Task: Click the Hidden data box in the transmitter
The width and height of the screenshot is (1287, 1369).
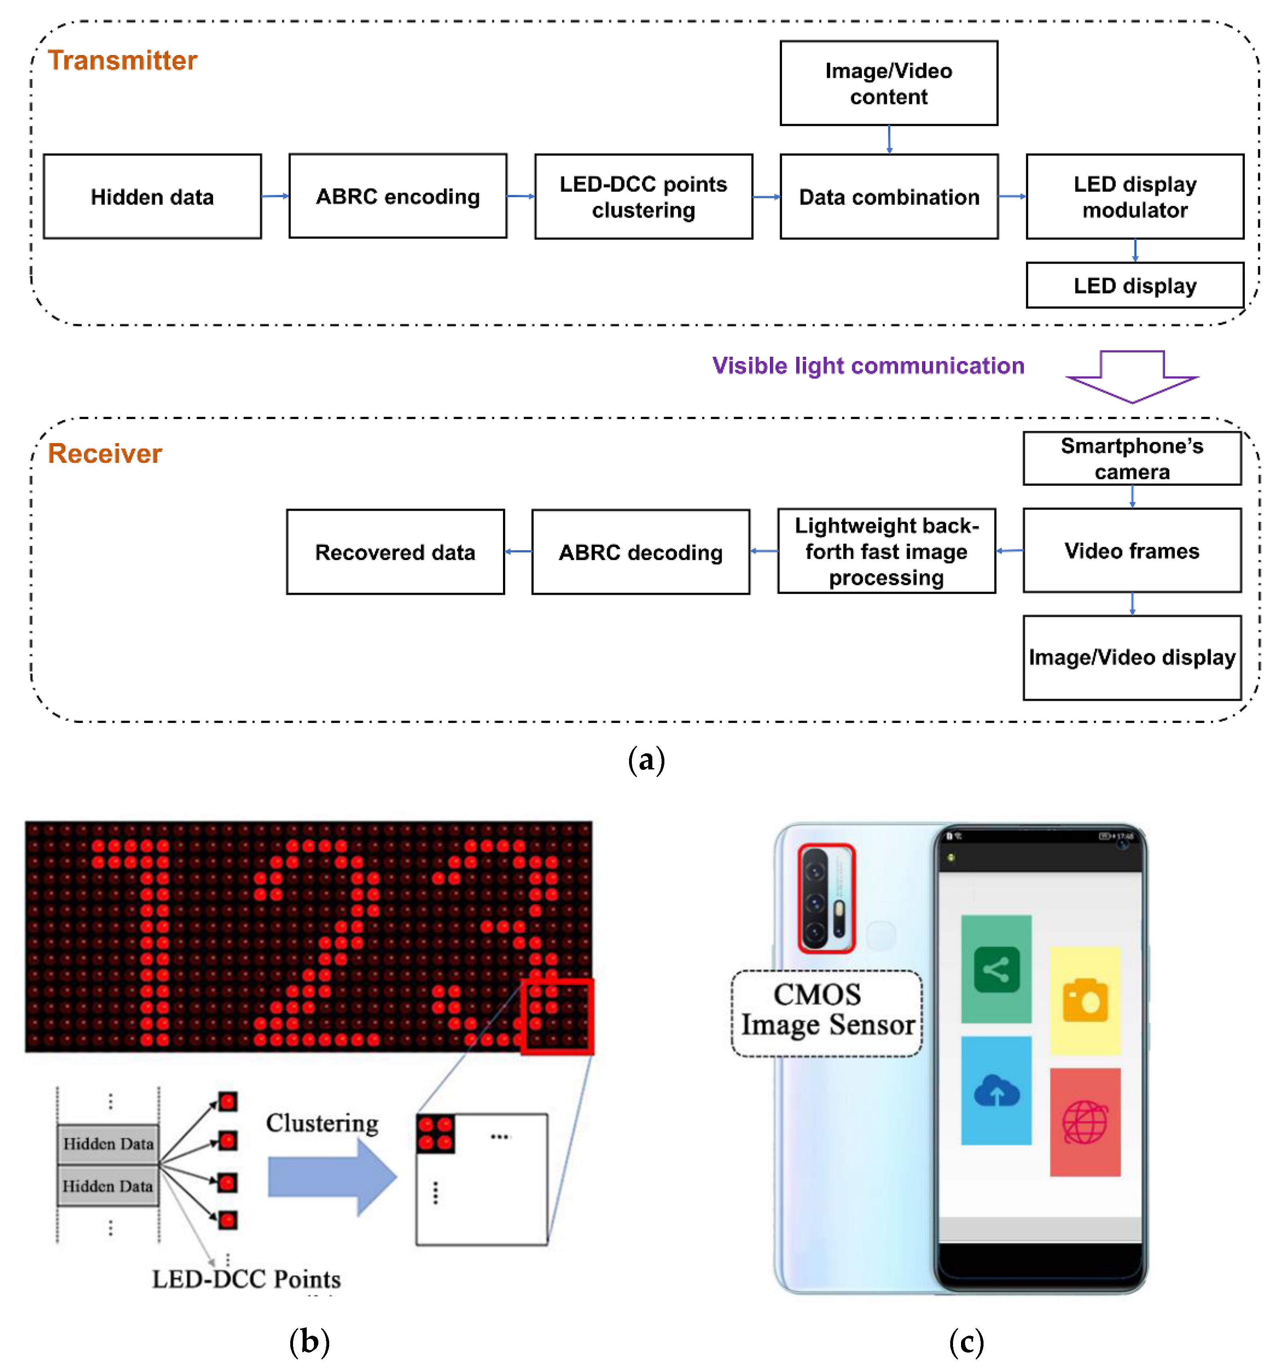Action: [152, 197]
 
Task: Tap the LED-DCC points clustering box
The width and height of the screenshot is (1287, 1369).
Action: [643, 197]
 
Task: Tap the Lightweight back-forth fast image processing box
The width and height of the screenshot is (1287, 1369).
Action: [886, 551]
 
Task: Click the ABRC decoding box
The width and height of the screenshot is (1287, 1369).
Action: [640, 552]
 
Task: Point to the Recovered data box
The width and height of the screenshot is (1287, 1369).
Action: [395, 552]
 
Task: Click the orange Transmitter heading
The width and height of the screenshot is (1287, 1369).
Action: [122, 61]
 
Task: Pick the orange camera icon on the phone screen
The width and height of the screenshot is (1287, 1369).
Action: [1085, 1001]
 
